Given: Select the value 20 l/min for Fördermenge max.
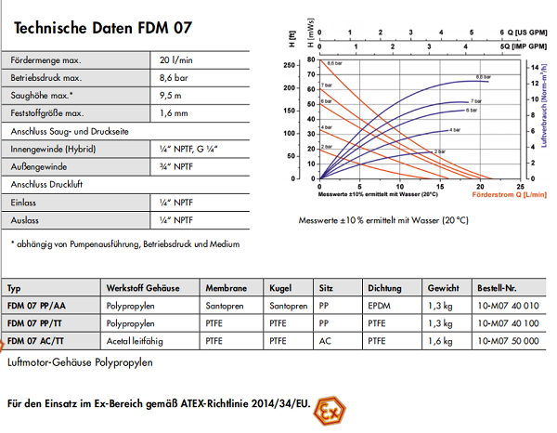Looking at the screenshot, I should pyautogui.click(x=177, y=60).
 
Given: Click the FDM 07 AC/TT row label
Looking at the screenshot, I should pyautogui.click(x=39, y=341).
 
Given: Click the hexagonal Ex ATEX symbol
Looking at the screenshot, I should pyautogui.click(x=328, y=408).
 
